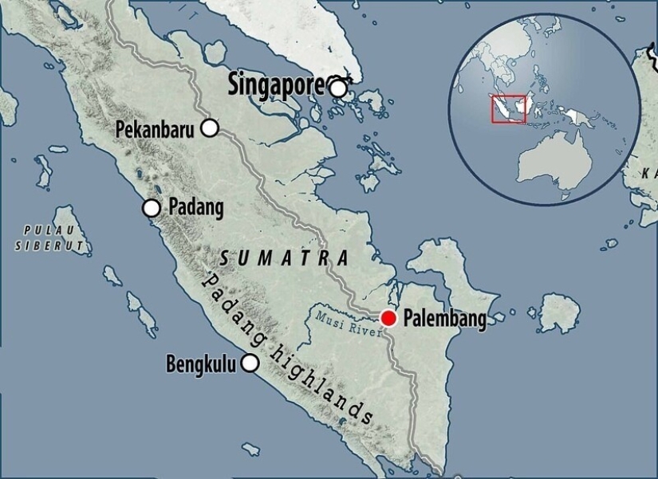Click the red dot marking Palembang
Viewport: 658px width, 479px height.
tap(388, 318)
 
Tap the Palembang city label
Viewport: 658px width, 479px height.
tap(445, 319)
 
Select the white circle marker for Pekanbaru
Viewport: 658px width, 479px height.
tap(210, 128)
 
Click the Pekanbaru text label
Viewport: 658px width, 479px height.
tap(155, 128)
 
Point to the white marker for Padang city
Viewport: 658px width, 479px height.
tap(152, 208)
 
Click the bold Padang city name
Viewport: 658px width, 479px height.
tap(195, 207)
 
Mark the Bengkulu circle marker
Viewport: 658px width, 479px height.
tap(250, 363)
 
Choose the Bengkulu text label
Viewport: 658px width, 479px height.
tap(201, 364)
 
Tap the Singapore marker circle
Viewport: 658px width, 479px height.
tap(338, 88)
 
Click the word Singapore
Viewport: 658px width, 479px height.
tap(276, 83)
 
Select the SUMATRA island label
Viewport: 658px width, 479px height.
tap(284, 258)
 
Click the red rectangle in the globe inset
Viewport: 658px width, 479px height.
tap(509, 109)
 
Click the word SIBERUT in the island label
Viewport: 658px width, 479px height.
tap(49, 247)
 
